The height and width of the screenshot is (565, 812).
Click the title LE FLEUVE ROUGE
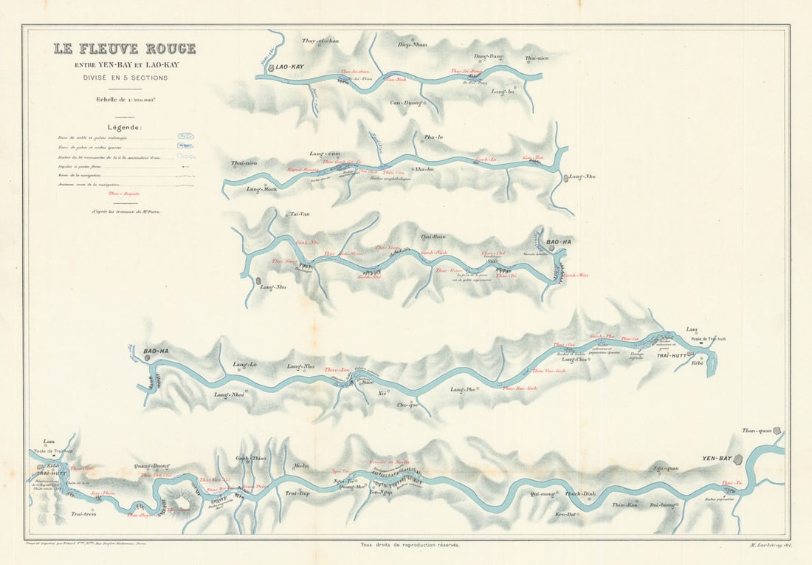point(124,49)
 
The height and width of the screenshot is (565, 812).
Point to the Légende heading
point(124,126)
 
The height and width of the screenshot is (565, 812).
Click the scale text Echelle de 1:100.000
point(124,100)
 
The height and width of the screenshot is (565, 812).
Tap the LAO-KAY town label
point(290,67)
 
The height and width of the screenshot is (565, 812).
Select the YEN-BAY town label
point(717,459)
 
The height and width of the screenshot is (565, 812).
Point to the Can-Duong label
point(405,103)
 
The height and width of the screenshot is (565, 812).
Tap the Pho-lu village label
point(434,137)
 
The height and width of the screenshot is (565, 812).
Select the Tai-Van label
point(299,214)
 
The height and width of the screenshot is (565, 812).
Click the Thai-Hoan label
point(433,236)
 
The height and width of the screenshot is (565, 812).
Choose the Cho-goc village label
point(407,405)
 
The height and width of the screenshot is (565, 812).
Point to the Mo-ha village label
point(301,466)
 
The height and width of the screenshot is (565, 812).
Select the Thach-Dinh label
point(579,494)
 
